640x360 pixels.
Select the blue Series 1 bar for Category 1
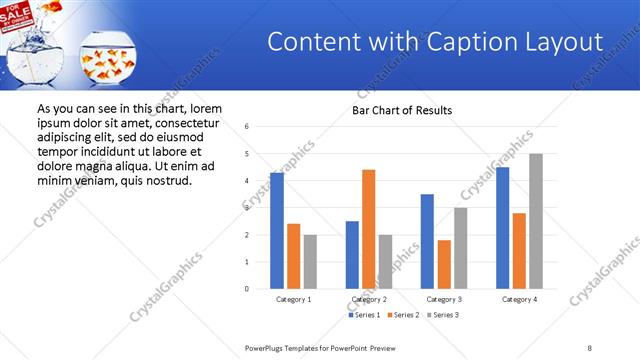click(277, 230)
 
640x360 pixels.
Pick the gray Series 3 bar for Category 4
click(535, 221)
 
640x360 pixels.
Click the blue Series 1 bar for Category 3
click(427, 241)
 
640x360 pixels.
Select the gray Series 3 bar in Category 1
click(310, 261)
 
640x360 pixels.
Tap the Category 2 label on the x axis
click(368, 299)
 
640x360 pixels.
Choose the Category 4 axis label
click(518, 299)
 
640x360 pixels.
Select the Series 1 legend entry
click(367, 315)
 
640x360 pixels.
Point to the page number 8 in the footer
click(590, 347)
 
